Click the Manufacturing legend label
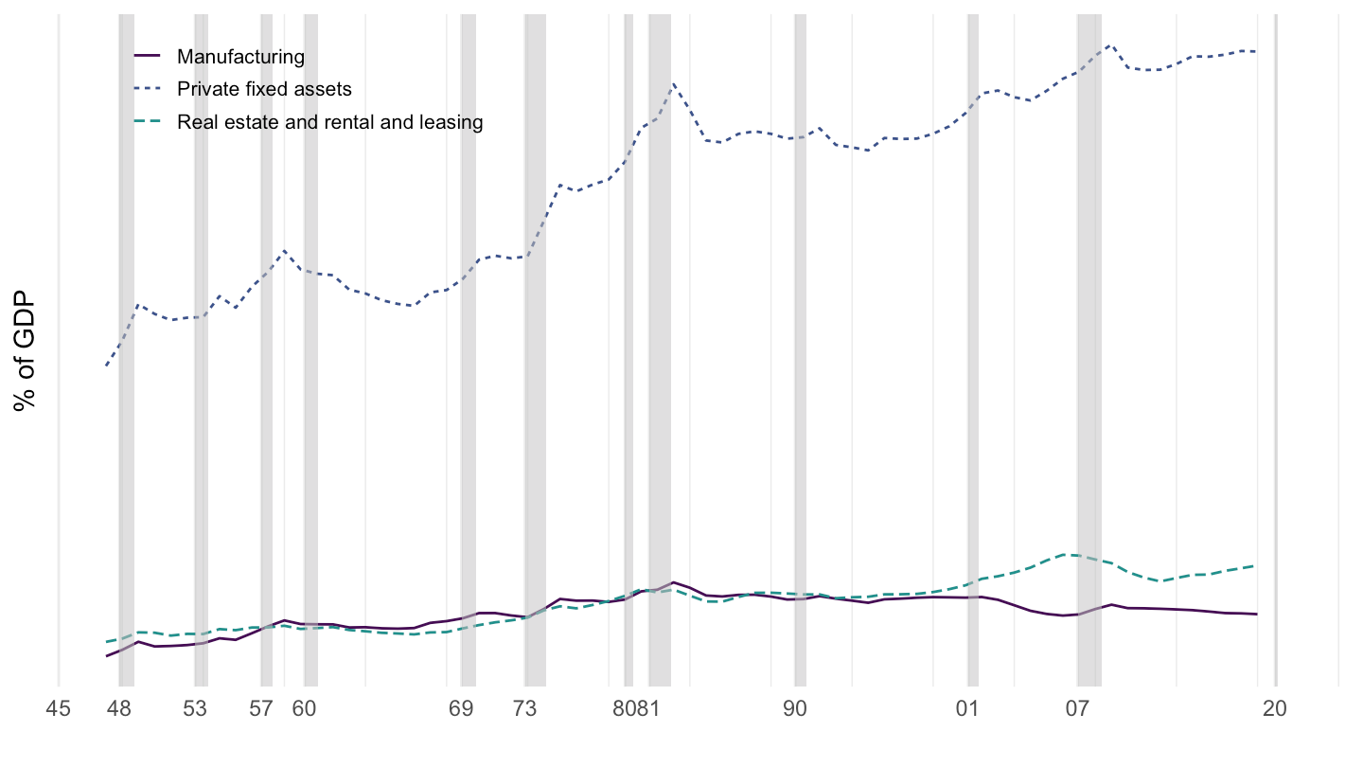pyautogui.click(x=240, y=57)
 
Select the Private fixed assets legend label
pyautogui.click(x=264, y=89)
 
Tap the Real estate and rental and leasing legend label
pyautogui.click(x=329, y=122)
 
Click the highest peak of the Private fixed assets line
pyautogui.click(x=1110, y=45)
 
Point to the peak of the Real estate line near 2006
pyautogui.click(x=1067, y=554)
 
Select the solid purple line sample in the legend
pyautogui.click(x=149, y=57)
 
